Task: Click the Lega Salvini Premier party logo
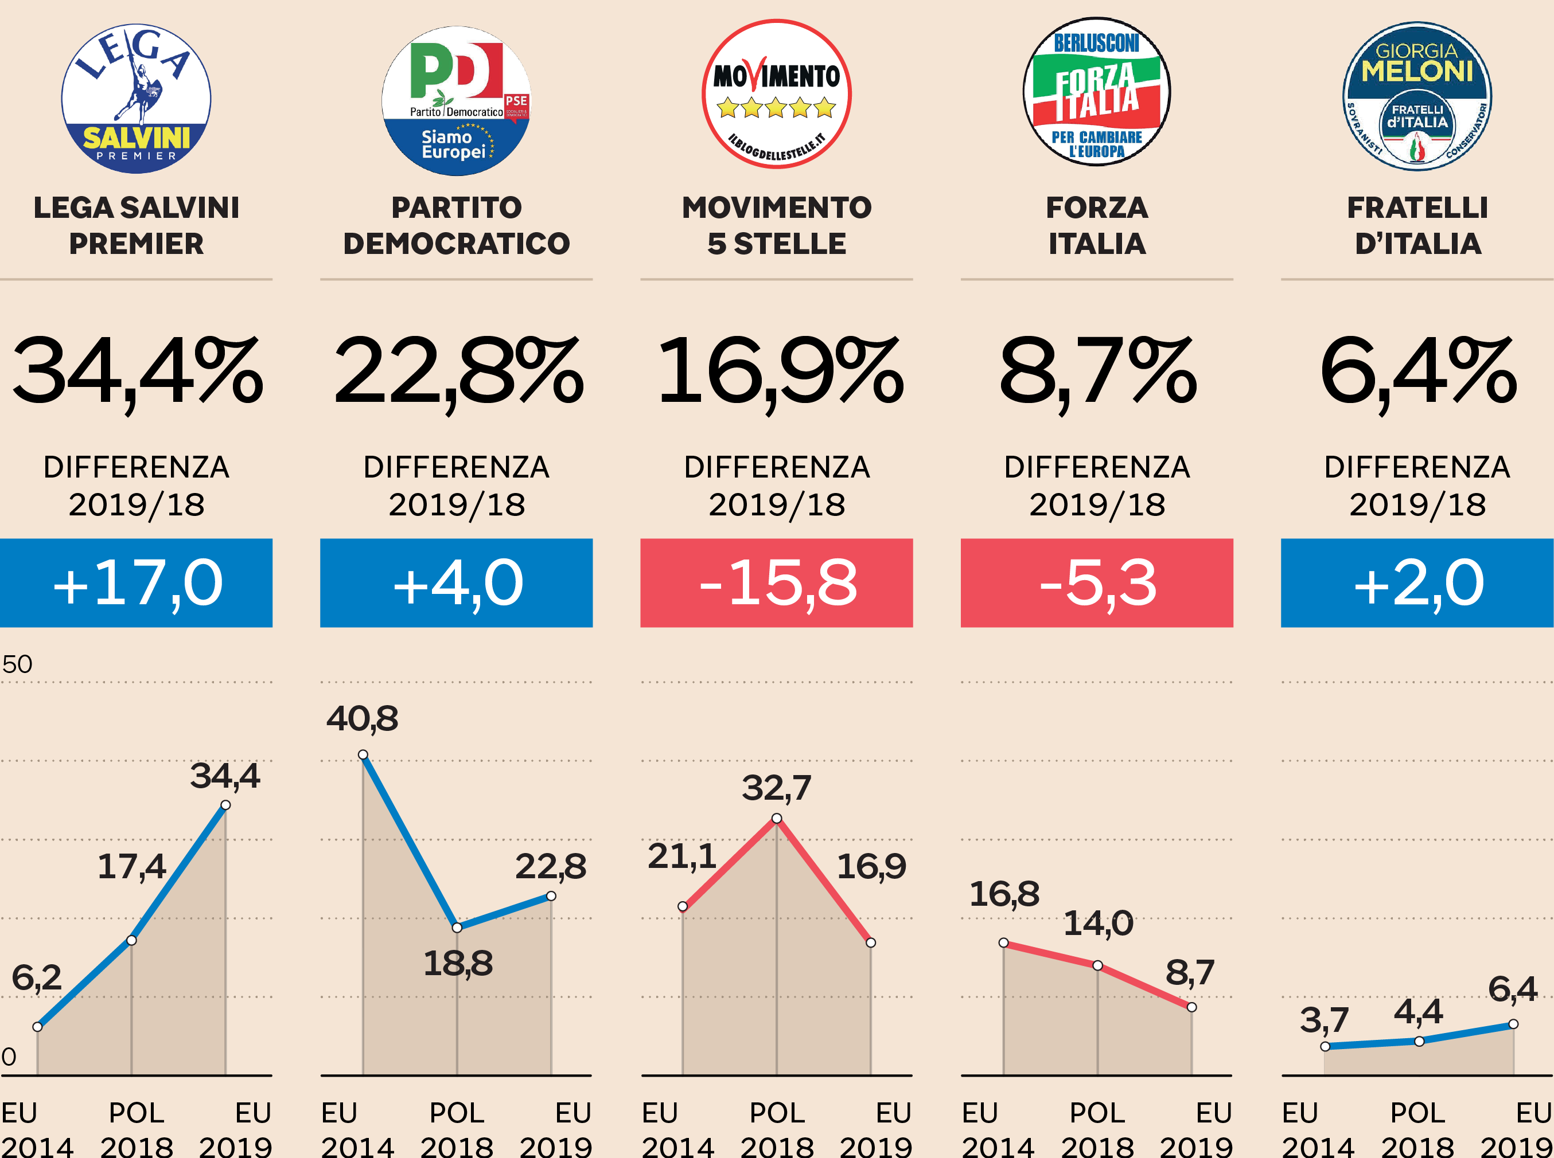pos(136,98)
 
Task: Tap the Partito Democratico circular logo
pos(456,100)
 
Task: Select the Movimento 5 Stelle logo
pos(776,94)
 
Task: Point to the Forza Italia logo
pos(1097,92)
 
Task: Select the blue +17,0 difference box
pos(136,582)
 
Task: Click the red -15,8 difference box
pos(776,582)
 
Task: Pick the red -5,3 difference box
pos(1097,582)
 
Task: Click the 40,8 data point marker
pos(363,755)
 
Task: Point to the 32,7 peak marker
pos(776,818)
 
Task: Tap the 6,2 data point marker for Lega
pos(37,1027)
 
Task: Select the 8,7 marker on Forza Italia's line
pos(1191,1007)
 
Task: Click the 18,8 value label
pos(457,963)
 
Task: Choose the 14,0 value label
pos(1097,923)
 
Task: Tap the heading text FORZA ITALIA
pos(1097,225)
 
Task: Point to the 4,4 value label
pos(1418,1011)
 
